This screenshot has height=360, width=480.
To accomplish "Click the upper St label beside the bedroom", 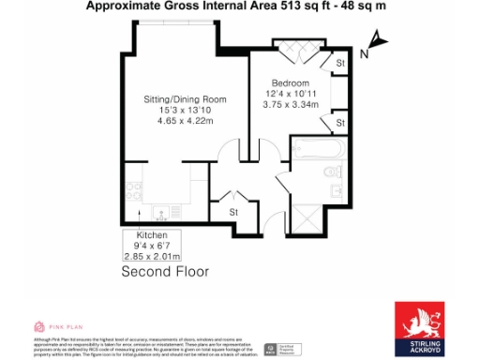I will [x=341, y=63].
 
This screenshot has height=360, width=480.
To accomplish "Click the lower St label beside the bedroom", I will [x=341, y=123].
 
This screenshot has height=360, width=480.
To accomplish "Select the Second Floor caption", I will [x=166, y=272].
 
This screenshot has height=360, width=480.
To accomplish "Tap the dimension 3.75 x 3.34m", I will [x=291, y=104].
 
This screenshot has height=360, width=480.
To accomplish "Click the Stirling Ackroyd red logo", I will [x=419, y=323].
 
